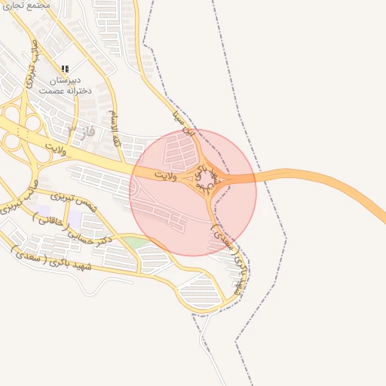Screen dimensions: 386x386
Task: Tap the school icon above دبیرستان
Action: click(65, 69)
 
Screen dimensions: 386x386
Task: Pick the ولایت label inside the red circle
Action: click(164, 175)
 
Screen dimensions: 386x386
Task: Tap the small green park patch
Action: click(133, 242)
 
